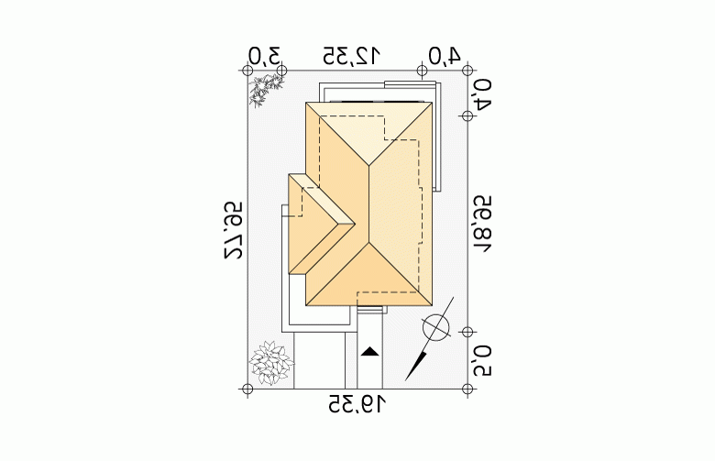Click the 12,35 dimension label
pos(351,56)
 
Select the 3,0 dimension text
pos(265,57)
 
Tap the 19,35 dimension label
pos(357,404)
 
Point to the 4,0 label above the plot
pos(445,56)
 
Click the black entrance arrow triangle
pos(369,352)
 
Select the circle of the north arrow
pos(436,328)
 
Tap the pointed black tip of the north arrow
pos(406,379)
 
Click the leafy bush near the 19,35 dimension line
pos(271,363)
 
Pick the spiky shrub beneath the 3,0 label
pos(266,91)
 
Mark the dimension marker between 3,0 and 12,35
pos(281,71)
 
